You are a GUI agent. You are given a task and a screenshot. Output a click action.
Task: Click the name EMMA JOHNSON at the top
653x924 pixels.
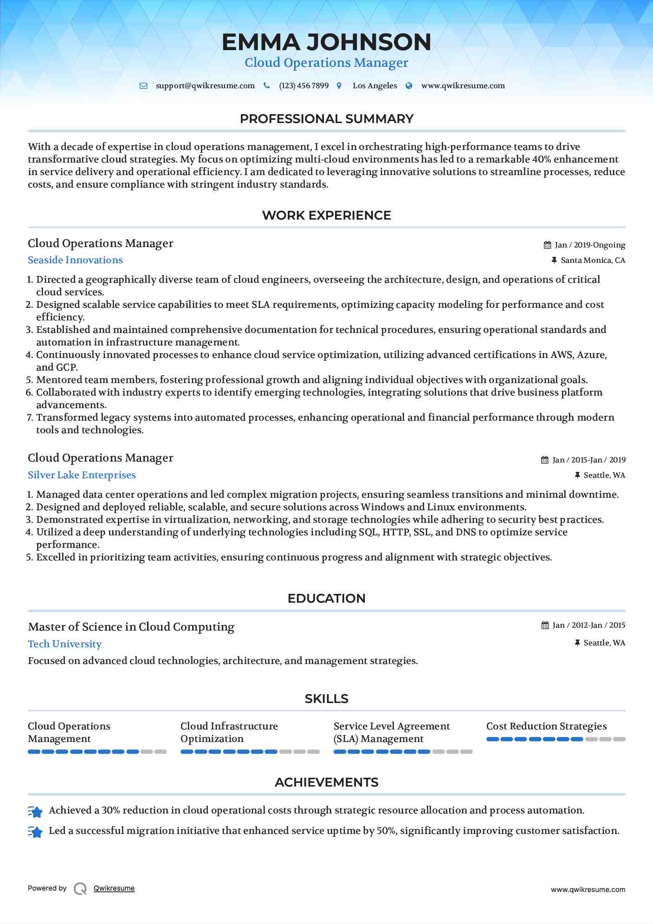pos(326,42)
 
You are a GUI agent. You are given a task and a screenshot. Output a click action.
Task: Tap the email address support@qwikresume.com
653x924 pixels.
pos(205,86)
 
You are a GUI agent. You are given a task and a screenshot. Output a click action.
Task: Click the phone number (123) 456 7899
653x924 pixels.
pos(304,86)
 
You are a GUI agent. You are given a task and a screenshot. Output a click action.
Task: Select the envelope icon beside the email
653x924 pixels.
pos(143,86)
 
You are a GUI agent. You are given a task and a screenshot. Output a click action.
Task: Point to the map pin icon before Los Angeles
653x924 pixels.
pos(339,86)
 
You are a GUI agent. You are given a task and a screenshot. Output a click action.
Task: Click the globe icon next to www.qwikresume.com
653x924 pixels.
pos(409,86)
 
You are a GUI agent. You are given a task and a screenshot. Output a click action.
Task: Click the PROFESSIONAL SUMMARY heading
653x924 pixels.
pos(326,119)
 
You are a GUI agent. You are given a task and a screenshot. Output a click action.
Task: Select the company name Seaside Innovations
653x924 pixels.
pos(75,260)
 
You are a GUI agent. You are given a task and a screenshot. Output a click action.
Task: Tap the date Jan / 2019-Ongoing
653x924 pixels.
pos(589,245)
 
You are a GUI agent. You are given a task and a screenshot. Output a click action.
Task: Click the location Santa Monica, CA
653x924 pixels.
pos(593,260)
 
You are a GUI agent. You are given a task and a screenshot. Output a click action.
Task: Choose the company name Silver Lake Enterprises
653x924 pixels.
pos(82,475)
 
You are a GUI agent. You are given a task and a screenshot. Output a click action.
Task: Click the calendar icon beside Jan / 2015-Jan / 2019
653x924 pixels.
pos(545,460)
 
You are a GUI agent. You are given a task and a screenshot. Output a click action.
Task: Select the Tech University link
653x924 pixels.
pos(65,644)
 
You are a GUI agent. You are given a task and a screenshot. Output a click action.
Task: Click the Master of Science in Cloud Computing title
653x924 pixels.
pos(131,627)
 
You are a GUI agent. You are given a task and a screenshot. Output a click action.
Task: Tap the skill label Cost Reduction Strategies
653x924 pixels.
pos(546,726)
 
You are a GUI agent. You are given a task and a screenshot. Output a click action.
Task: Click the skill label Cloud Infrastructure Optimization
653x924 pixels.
pos(229,732)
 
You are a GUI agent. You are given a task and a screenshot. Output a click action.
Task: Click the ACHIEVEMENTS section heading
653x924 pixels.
pos(326,782)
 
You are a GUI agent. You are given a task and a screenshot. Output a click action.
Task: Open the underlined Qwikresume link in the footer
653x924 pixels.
pos(114,888)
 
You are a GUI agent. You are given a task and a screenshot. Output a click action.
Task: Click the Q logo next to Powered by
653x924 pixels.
pos(80,889)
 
